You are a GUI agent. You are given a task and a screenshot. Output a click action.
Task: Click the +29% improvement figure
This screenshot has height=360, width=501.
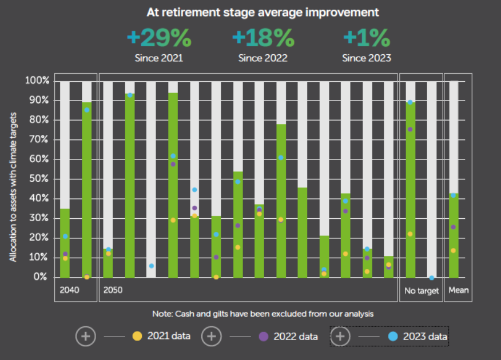coord(158,38)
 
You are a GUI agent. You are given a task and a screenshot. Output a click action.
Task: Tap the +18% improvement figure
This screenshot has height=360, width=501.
coord(263,38)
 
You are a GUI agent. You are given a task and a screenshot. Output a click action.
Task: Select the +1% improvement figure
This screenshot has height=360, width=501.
coord(367,38)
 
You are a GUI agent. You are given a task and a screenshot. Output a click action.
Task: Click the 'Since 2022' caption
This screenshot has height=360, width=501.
coord(263,58)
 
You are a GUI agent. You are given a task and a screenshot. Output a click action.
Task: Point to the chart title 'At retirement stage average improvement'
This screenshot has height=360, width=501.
coord(263,12)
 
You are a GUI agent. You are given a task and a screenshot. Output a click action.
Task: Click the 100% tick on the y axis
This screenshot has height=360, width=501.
coord(37,81)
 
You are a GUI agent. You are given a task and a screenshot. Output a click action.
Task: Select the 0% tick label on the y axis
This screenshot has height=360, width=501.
coord(41,277)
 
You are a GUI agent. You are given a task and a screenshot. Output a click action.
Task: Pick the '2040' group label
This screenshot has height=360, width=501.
coord(69,290)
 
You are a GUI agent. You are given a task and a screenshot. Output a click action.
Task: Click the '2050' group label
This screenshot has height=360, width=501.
coord(113,290)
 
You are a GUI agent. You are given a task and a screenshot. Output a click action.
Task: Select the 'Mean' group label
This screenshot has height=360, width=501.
coord(458,290)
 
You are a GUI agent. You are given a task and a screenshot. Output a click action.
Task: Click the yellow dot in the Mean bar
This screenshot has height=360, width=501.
coord(454,250)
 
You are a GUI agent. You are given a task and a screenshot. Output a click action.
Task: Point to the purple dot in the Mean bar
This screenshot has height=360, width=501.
coord(454,227)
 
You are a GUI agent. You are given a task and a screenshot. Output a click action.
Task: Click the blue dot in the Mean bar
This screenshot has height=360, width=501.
coord(454,195)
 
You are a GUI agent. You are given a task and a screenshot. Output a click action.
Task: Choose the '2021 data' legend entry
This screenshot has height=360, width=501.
coord(169,337)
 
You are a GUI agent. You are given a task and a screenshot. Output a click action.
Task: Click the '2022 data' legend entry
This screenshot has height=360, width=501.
coord(296,337)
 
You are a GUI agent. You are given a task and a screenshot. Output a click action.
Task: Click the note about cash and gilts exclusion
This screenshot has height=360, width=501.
coord(263,314)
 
